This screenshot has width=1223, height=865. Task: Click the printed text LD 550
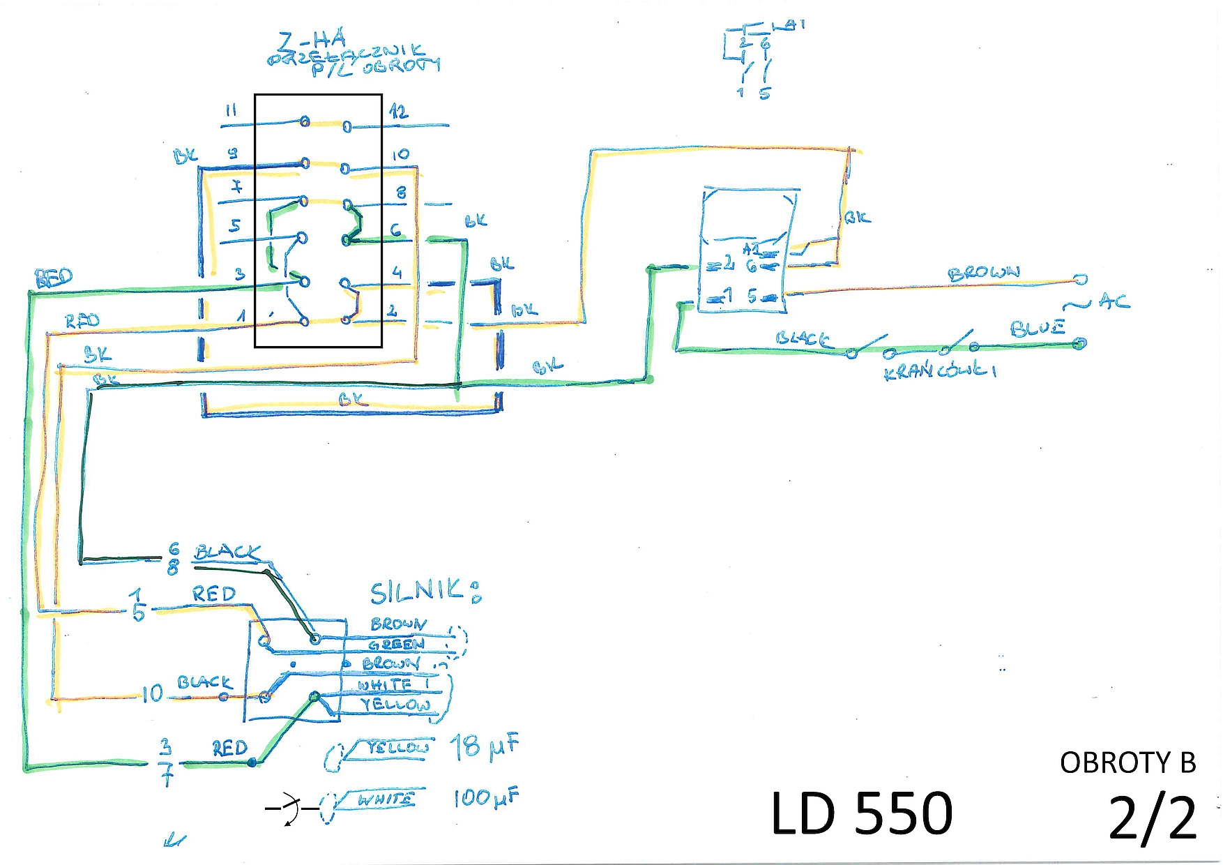(x=862, y=813)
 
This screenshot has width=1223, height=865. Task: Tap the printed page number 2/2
(x=1152, y=818)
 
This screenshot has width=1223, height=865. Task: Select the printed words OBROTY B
(x=1127, y=763)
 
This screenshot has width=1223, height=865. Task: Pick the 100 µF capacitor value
(x=486, y=797)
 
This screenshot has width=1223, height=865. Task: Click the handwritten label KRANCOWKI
(x=939, y=370)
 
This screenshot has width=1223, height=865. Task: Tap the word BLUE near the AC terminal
(x=1038, y=328)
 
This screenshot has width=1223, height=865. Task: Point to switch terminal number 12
(x=399, y=112)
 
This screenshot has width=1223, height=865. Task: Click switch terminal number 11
(x=231, y=111)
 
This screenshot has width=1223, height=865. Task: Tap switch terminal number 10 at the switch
(x=400, y=155)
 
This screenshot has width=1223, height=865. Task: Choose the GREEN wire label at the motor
(x=396, y=645)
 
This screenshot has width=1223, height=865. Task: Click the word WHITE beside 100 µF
(x=386, y=799)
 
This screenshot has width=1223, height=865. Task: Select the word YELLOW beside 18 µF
(x=397, y=748)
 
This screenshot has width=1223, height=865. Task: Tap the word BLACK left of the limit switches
(x=803, y=339)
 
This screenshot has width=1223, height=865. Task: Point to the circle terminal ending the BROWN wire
(x=1080, y=279)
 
